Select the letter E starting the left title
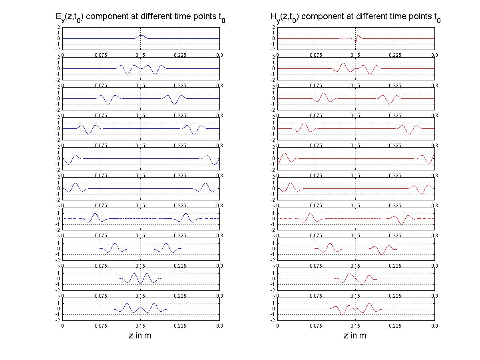point(58,17)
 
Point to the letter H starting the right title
point(273,17)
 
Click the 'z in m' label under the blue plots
point(140,336)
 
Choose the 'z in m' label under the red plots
point(355,336)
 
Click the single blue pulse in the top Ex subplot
point(141,36)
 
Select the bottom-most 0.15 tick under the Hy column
point(355,326)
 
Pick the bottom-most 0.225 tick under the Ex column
point(180,326)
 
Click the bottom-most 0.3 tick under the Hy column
point(434,326)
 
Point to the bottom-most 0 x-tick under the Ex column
point(63,326)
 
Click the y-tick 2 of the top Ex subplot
point(59,27)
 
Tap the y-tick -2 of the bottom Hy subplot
point(273,320)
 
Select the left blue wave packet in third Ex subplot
point(108,99)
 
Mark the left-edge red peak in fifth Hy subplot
point(284,154)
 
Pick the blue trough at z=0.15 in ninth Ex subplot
point(140,283)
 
